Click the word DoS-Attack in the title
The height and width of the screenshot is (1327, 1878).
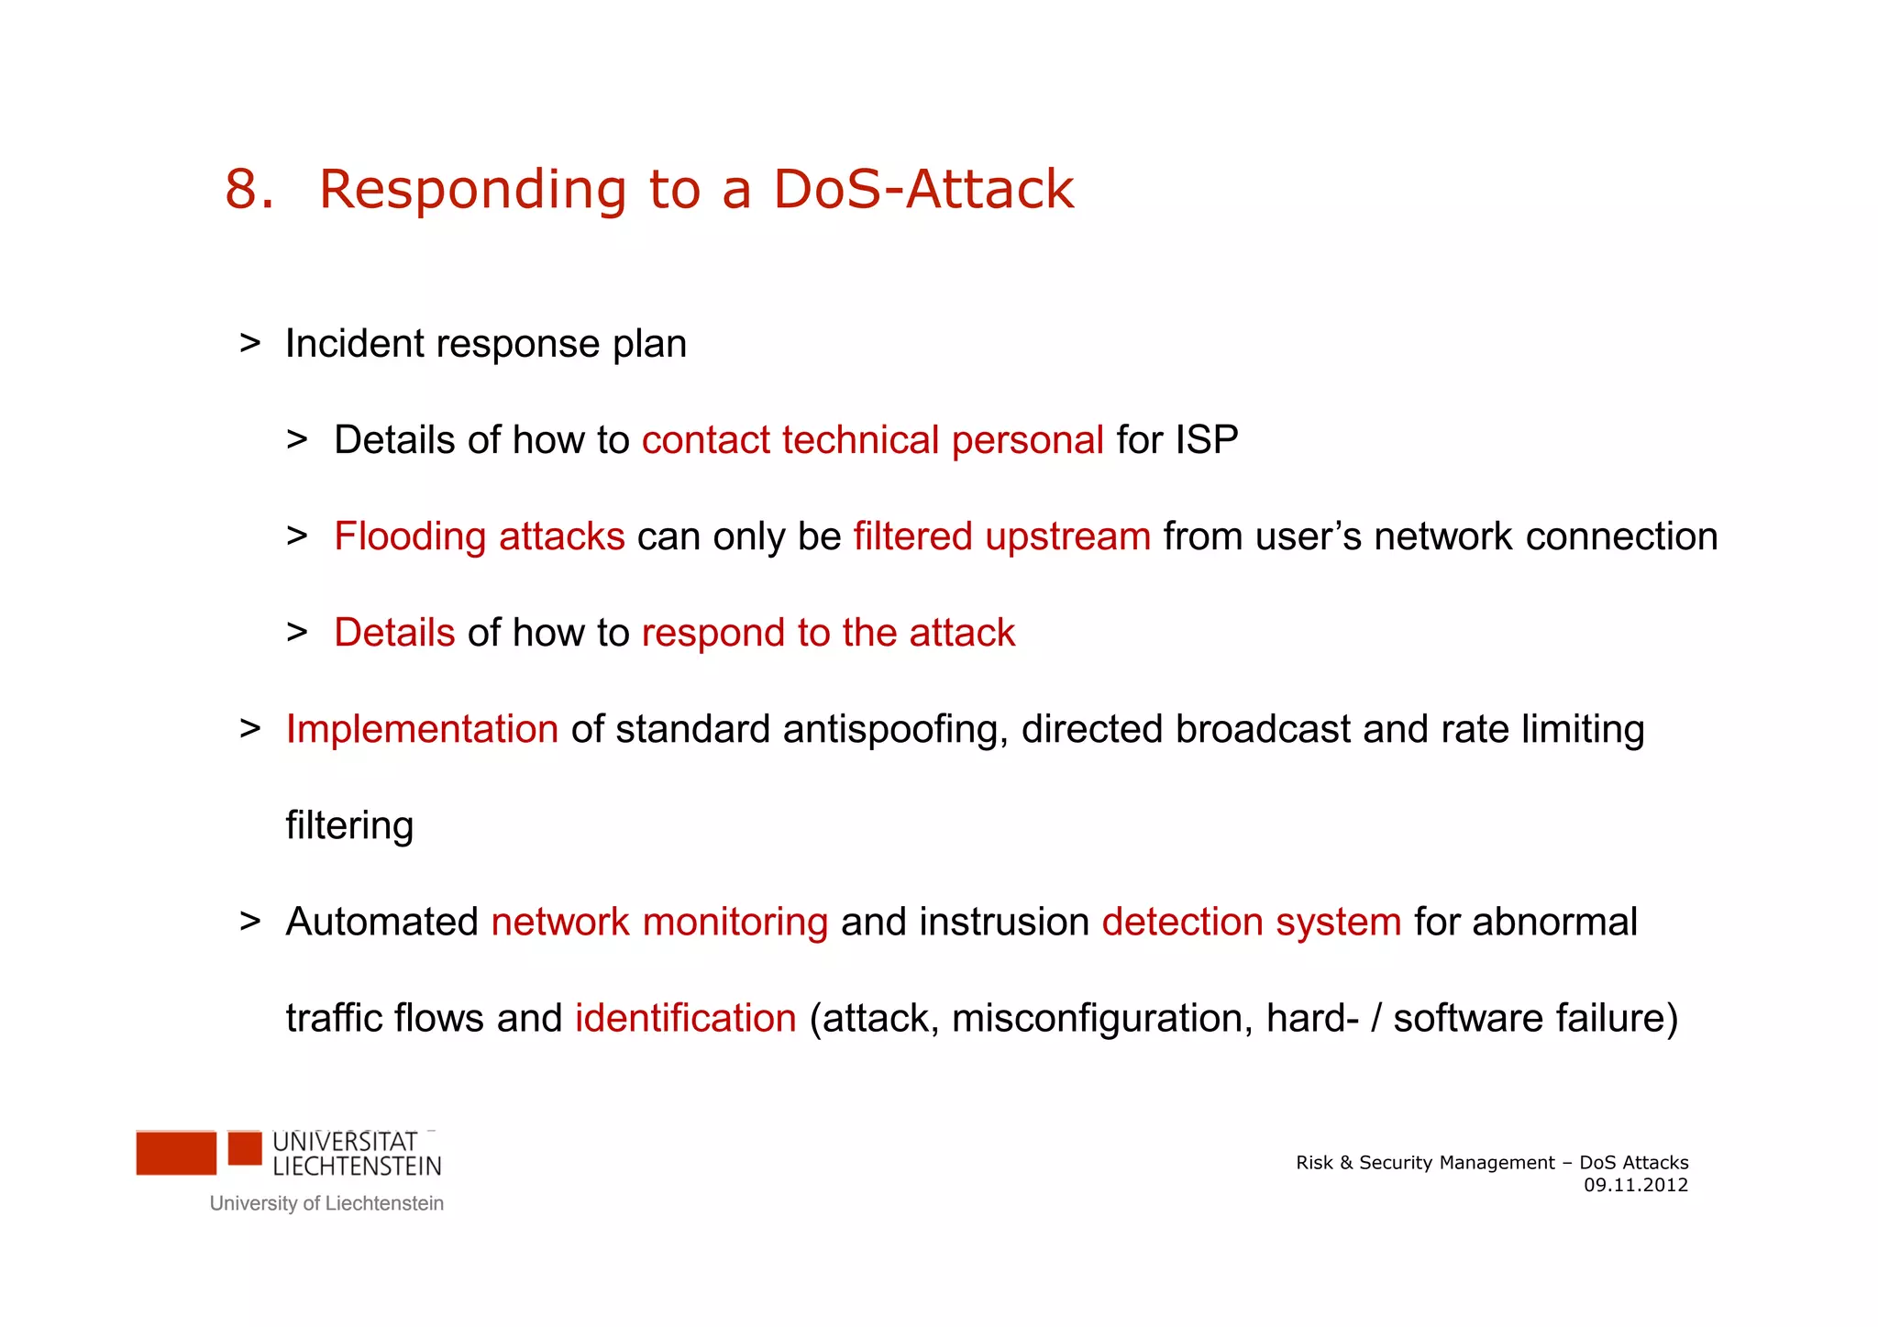[x=922, y=190]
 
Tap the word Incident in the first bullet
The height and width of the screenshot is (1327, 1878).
[x=354, y=344]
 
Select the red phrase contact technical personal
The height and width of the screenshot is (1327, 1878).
[x=872, y=440]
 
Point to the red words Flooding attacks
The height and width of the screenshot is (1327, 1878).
[x=479, y=536]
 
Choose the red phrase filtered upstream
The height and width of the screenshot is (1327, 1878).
[x=1001, y=536]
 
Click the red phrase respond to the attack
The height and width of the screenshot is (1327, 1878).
[x=828, y=633]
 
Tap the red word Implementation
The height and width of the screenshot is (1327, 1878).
[x=422, y=730]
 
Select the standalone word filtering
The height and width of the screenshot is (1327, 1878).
[x=349, y=825]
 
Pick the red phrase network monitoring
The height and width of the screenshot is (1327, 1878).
[x=659, y=923]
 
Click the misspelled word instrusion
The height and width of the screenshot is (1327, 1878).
[x=1003, y=923]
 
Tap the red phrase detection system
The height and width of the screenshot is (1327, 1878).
[x=1251, y=923]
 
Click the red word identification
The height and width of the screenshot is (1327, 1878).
[x=685, y=1019]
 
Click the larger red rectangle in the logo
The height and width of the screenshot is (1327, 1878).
[x=176, y=1153]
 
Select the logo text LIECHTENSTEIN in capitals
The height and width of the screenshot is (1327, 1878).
[x=357, y=1167]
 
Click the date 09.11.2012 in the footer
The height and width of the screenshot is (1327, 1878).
[x=1635, y=1185]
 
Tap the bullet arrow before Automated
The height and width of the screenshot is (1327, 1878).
[x=249, y=921]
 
